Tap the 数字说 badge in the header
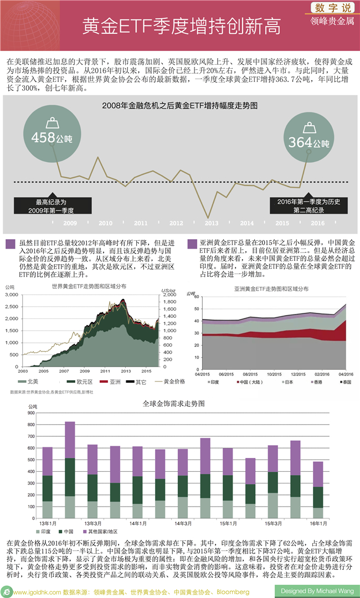332,8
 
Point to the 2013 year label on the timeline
212,223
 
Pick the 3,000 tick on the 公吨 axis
12,295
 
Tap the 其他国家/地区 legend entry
101,531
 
